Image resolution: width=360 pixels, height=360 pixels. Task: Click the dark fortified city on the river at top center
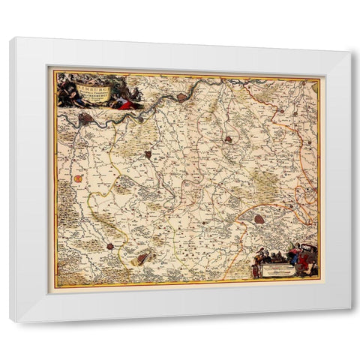coord(182,97)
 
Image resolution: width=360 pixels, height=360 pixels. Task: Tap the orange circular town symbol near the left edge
coord(78,178)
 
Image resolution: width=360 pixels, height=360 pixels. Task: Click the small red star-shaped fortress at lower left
coord(111,246)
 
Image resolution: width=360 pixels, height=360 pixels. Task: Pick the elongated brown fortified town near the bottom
coord(142,258)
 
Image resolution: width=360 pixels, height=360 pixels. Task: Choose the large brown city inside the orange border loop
coord(259,220)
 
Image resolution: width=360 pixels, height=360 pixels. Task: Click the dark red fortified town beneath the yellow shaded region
coord(148,154)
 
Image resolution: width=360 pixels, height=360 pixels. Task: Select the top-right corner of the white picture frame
coord(349,51)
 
